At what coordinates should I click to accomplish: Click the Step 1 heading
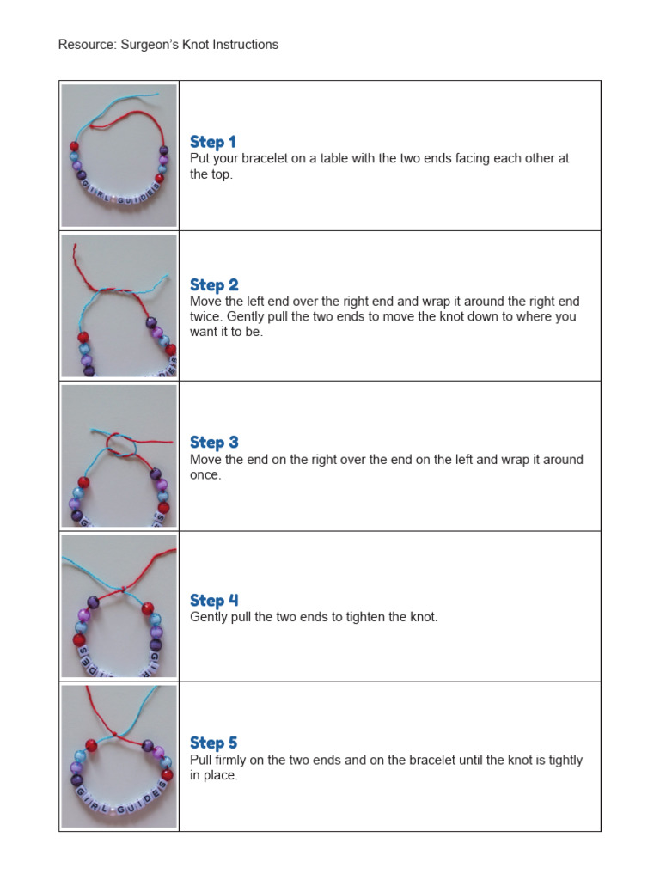[x=212, y=142]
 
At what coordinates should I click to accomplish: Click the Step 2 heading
[x=214, y=284]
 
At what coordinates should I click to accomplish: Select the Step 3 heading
[x=214, y=442]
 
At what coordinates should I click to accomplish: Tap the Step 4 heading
[x=214, y=600]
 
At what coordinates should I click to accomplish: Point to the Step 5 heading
[x=214, y=742]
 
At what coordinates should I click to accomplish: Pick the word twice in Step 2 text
[x=205, y=317]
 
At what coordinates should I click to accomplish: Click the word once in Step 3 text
[x=205, y=475]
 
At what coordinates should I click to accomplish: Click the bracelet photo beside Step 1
[x=119, y=156]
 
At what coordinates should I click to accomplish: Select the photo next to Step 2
[x=119, y=306]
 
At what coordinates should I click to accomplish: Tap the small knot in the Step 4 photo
[x=125, y=590]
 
